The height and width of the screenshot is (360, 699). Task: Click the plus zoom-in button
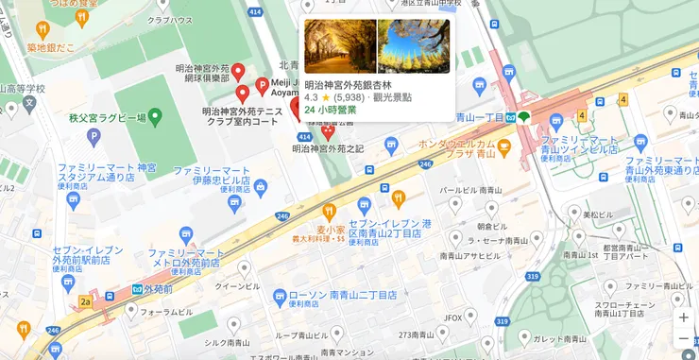(683, 317)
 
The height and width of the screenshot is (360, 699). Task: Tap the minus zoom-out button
(683, 338)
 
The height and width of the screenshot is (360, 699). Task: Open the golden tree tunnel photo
(340, 46)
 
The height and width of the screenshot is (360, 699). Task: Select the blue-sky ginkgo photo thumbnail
(414, 46)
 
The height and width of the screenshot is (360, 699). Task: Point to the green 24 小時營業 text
(331, 110)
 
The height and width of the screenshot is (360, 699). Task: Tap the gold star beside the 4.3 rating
(326, 97)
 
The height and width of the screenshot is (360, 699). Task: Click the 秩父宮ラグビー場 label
(107, 118)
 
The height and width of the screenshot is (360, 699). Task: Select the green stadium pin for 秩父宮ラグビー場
(157, 118)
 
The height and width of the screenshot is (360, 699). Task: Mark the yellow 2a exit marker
(85, 302)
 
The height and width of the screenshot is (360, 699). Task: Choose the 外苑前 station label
(162, 288)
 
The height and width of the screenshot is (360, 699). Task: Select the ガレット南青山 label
(561, 338)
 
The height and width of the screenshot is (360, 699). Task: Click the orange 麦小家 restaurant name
(332, 229)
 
